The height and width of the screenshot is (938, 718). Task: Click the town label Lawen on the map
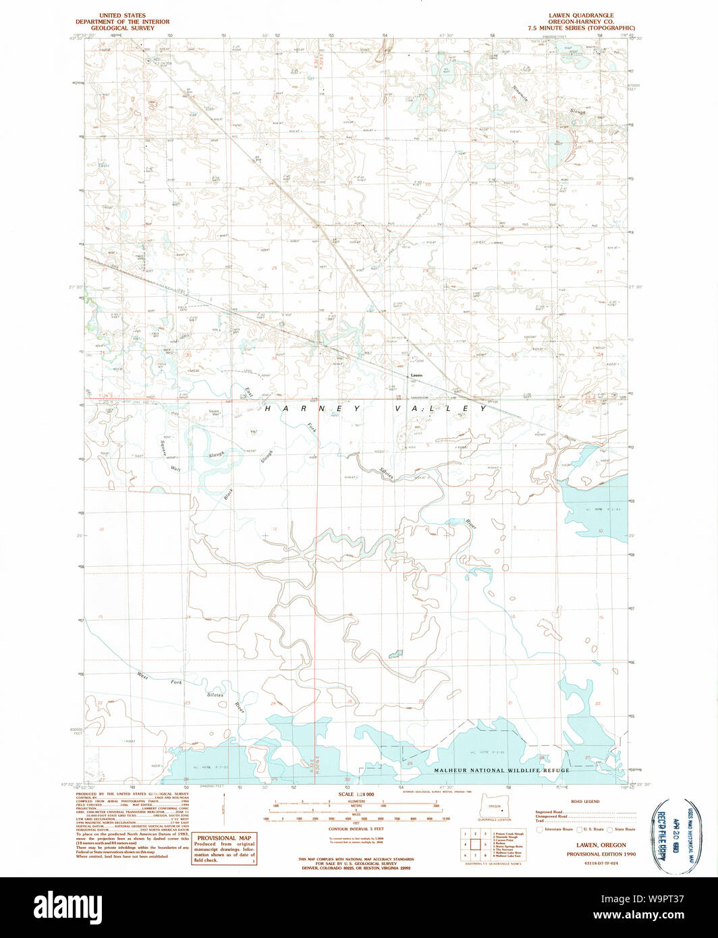[416, 376]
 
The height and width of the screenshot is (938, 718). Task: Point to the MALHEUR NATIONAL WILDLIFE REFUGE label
[501, 770]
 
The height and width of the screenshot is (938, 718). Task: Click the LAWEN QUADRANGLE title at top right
[581, 15]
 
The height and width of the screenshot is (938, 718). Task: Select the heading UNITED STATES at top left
[122, 15]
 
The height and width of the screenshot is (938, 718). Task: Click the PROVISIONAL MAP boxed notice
[224, 849]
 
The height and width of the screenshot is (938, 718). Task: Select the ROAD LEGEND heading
[585, 802]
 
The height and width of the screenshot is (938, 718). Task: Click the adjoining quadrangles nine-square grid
[476, 844]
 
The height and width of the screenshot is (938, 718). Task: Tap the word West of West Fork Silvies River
[142, 674]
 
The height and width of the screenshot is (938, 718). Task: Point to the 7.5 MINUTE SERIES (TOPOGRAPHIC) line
[581, 28]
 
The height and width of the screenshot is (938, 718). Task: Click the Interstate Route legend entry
[556, 829]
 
